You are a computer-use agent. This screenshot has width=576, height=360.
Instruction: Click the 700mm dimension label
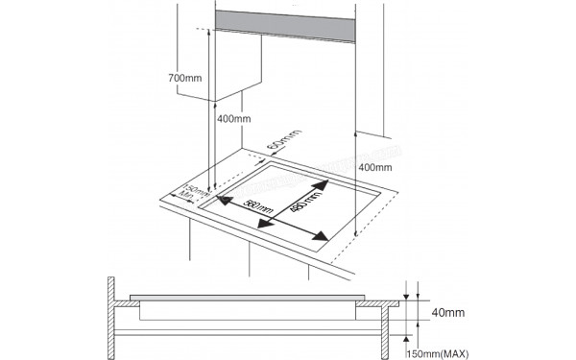(x=183, y=77)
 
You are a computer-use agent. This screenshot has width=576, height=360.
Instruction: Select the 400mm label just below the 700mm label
(x=233, y=119)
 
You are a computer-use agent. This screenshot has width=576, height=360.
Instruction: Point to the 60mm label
(x=276, y=150)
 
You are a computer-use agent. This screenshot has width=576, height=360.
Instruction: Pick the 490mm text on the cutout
(x=302, y=201)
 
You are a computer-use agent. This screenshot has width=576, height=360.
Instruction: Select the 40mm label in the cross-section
(x=447, y=313)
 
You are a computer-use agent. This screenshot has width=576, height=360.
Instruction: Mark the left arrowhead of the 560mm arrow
(x=221, y=202)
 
